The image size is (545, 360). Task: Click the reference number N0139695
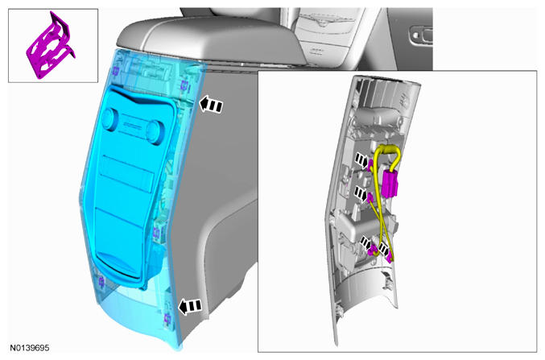[30, 348]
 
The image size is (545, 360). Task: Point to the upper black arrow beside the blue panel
[211, 105]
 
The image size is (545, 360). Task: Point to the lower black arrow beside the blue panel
[190, 307]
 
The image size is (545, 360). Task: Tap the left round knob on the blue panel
[109, 119]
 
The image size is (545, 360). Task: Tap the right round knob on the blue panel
[154, 132]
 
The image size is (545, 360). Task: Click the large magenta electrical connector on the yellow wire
[390, 183]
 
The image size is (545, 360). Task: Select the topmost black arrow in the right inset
[362, 161]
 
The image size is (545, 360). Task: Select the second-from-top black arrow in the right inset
[361, 194]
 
